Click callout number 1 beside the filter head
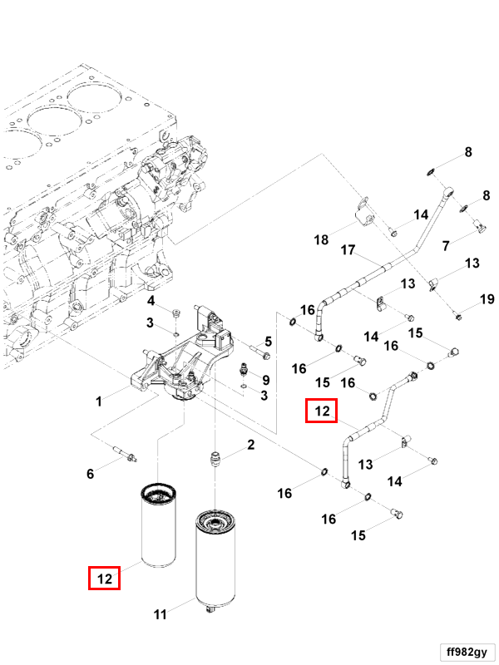tap(98, 401)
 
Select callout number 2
tap(250, 446)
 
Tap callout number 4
tap(151, 300)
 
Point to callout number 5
tap(268, 342)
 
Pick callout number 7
tap(446, 246)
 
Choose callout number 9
tap(265, 380)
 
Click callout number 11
tap(161, 614)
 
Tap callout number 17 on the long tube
tap(348, 250)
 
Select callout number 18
tap(321, 241)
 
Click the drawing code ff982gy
tap(467, 650)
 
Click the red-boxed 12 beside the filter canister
tap(105, 578)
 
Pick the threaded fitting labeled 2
tap(215, 459)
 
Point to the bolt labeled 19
tap(458, 314)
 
